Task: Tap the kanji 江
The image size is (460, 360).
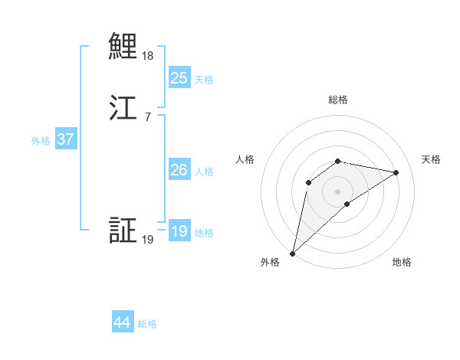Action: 123,106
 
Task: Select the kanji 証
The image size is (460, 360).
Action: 123,230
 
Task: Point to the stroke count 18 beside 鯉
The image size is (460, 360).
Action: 147,56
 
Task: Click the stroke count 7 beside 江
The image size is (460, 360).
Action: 147,116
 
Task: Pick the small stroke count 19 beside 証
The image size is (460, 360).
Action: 147,240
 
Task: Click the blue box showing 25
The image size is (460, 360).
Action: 179,77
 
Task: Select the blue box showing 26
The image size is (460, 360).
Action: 179,170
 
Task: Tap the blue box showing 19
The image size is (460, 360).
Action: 179,231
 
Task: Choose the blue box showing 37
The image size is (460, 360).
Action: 65,139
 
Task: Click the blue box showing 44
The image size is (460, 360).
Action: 122,322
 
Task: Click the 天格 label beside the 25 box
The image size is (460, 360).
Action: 204,79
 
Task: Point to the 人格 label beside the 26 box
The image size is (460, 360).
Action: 204,172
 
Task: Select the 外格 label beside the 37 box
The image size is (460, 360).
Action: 41,141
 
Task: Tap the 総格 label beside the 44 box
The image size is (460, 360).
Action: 147,324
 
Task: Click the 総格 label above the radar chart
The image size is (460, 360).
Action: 337,100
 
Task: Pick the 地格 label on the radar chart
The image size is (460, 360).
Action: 402,262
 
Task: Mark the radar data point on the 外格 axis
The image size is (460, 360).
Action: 292,253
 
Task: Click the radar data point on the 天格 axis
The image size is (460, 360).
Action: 396,172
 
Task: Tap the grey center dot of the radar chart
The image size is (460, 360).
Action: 337,191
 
